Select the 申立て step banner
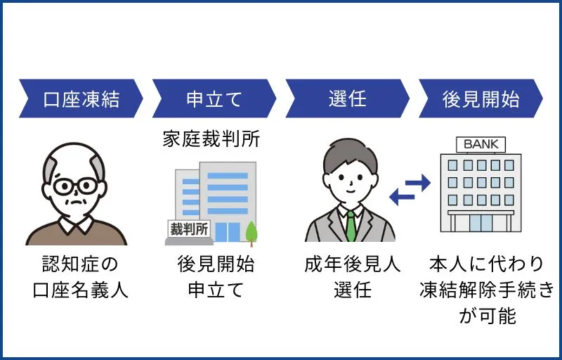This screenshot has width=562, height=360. (214, 98)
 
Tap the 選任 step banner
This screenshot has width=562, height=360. (347, 98)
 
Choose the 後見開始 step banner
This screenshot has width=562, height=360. (481, 98)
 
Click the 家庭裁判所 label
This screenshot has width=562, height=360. (211, 139)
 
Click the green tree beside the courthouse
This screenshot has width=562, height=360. (251, 231)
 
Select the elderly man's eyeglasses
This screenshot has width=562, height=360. (75, 186)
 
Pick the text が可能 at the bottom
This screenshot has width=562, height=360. (487, 316)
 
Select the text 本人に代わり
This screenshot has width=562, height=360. (486, 265)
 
